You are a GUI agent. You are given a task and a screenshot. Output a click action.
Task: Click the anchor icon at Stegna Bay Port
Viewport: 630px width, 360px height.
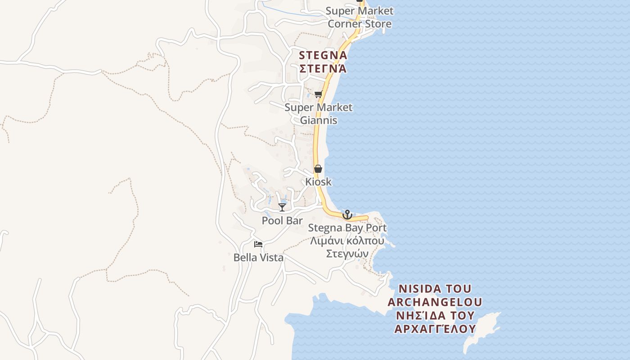[347, 215]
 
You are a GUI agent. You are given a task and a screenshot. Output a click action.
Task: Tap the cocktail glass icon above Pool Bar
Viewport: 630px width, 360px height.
[282, 207]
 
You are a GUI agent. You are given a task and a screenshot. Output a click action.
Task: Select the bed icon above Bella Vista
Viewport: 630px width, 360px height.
[258, 244]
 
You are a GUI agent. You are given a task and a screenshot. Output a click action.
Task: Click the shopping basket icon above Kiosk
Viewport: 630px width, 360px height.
[318, 169]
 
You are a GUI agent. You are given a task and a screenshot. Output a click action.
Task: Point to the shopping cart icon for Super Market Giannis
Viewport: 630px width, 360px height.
[319, 94]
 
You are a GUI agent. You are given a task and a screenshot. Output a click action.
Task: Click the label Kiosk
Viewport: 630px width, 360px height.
[318, 182]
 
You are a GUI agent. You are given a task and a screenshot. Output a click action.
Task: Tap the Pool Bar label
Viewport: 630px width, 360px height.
[282, 220]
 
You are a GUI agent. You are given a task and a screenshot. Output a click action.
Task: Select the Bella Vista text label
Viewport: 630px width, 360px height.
[258, 257]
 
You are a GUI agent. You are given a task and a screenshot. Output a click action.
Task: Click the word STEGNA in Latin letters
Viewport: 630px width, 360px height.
[323, 55]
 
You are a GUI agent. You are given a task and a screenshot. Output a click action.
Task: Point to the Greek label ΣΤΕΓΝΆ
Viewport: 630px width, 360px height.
[323, 69]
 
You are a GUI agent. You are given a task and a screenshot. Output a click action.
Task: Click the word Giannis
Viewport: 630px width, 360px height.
[318, 121]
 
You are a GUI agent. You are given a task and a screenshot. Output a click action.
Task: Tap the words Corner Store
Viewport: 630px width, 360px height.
[359, 24]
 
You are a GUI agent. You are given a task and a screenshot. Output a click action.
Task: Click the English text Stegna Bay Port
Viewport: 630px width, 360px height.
[347, 228]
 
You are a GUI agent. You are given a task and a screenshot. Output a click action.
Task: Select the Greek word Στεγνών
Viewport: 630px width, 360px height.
[347, 254]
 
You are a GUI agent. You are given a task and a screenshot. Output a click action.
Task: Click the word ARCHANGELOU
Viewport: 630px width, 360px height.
[435, 301]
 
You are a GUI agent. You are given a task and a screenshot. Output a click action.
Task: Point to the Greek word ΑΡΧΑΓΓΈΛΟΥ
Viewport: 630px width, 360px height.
[435, 328]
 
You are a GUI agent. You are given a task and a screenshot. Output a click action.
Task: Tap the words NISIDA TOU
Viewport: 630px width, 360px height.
[435, 288]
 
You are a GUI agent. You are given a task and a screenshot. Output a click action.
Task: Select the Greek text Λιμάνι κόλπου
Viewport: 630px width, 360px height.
[347, 241]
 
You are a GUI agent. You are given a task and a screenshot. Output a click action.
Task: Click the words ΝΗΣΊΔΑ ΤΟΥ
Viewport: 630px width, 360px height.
[435, 315]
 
